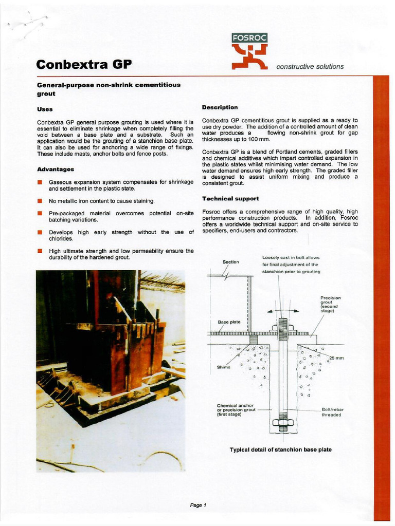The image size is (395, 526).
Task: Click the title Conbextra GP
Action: tap(84, 65)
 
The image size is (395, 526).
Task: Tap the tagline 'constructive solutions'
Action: tap(310, 66)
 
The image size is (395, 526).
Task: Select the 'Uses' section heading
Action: tap(45, 109)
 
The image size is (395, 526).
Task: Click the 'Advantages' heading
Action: tap(56, 169)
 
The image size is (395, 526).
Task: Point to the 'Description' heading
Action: tap(220, 107)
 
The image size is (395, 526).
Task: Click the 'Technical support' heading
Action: tap(230, 198)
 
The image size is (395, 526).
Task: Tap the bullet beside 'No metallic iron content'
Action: tap(40, 201)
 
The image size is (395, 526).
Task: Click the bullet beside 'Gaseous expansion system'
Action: tap(40, 182)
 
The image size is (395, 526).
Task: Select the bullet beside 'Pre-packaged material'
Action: tap(40, 213)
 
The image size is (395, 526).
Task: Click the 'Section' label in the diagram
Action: tap(230, 262)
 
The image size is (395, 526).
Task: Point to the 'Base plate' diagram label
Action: tap(229, 322)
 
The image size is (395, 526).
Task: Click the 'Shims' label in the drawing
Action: tap(224, 367)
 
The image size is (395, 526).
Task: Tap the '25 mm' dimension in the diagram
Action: tap(336, 358)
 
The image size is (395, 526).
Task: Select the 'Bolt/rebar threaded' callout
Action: tap(331, 412)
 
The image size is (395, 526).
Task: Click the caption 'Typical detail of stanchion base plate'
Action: tap(280, 449)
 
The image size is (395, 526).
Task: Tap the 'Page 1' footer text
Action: tap(198, 505)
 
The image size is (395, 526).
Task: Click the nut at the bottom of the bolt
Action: tap(283, 424)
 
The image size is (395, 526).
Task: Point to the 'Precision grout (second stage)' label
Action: tap(330, 304)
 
